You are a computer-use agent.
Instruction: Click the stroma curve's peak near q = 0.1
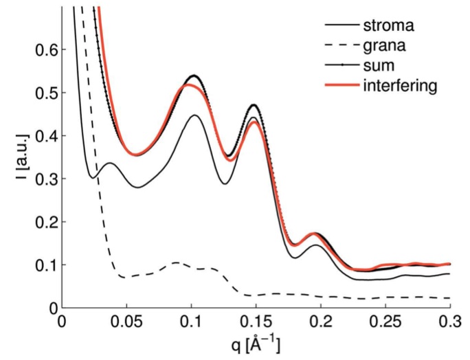[194, 115]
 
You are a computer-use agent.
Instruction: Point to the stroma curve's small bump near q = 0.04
[109, 163]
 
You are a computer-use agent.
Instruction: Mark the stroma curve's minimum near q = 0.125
[224, 183]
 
